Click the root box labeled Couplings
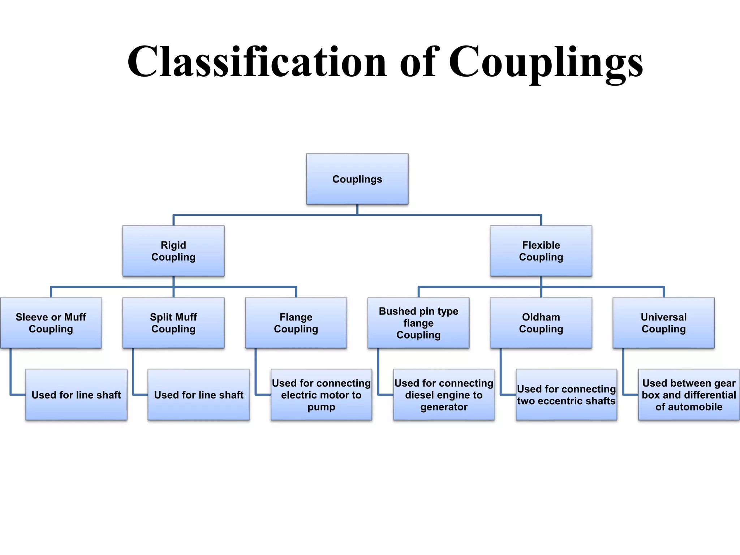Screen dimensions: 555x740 click(357, 179)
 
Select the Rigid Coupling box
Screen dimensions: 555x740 click(173, 251)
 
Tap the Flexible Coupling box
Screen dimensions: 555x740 click(541, 251)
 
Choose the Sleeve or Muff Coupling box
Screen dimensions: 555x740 click(51, 323)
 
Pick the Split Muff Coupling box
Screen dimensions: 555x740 click(173, 323)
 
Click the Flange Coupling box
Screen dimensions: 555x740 click(296, 323)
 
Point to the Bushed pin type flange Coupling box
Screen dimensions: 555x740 click(418, 323)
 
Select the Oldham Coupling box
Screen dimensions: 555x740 click(541, 323)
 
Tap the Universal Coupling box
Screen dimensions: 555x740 click(663, 323)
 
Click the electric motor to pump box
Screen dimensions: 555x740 click(321, 395)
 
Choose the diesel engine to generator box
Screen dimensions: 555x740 click(444, 395)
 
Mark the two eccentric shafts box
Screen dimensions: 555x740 click(566, 395)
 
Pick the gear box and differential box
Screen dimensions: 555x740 click(689, 395)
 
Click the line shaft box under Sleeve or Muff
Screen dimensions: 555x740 click(76, 395)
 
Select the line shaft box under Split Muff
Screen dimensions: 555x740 click(199, 395)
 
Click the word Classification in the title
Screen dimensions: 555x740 click(257, 61)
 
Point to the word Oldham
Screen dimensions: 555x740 click(541, 317)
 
